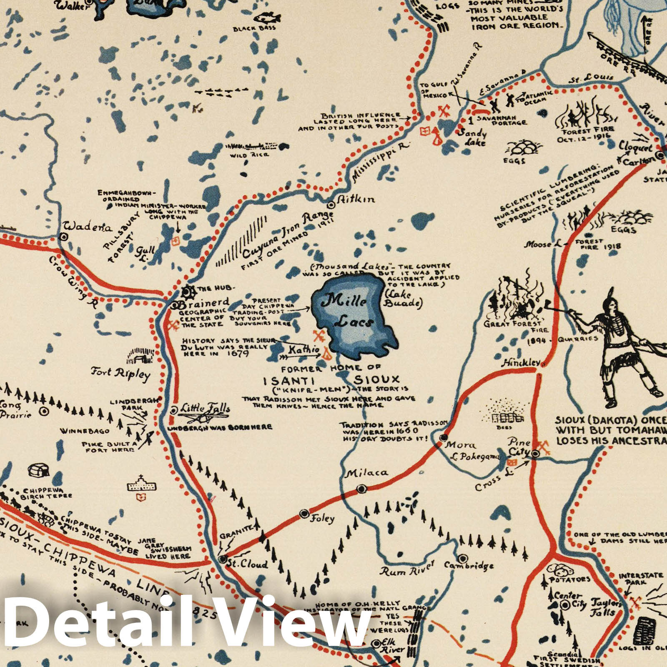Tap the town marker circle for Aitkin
click(x=331, y=205)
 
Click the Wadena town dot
click(x=63, y=237)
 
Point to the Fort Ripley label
click(x=120, y=373)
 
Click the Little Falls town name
click(x=205, y=408)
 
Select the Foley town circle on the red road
click(x=305, y=514)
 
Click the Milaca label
click(x=367, y=473)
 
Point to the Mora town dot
click(x=443, y=437)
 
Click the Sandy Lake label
click(x=472, y=138)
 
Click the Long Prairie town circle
click(x=43, y=411)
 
